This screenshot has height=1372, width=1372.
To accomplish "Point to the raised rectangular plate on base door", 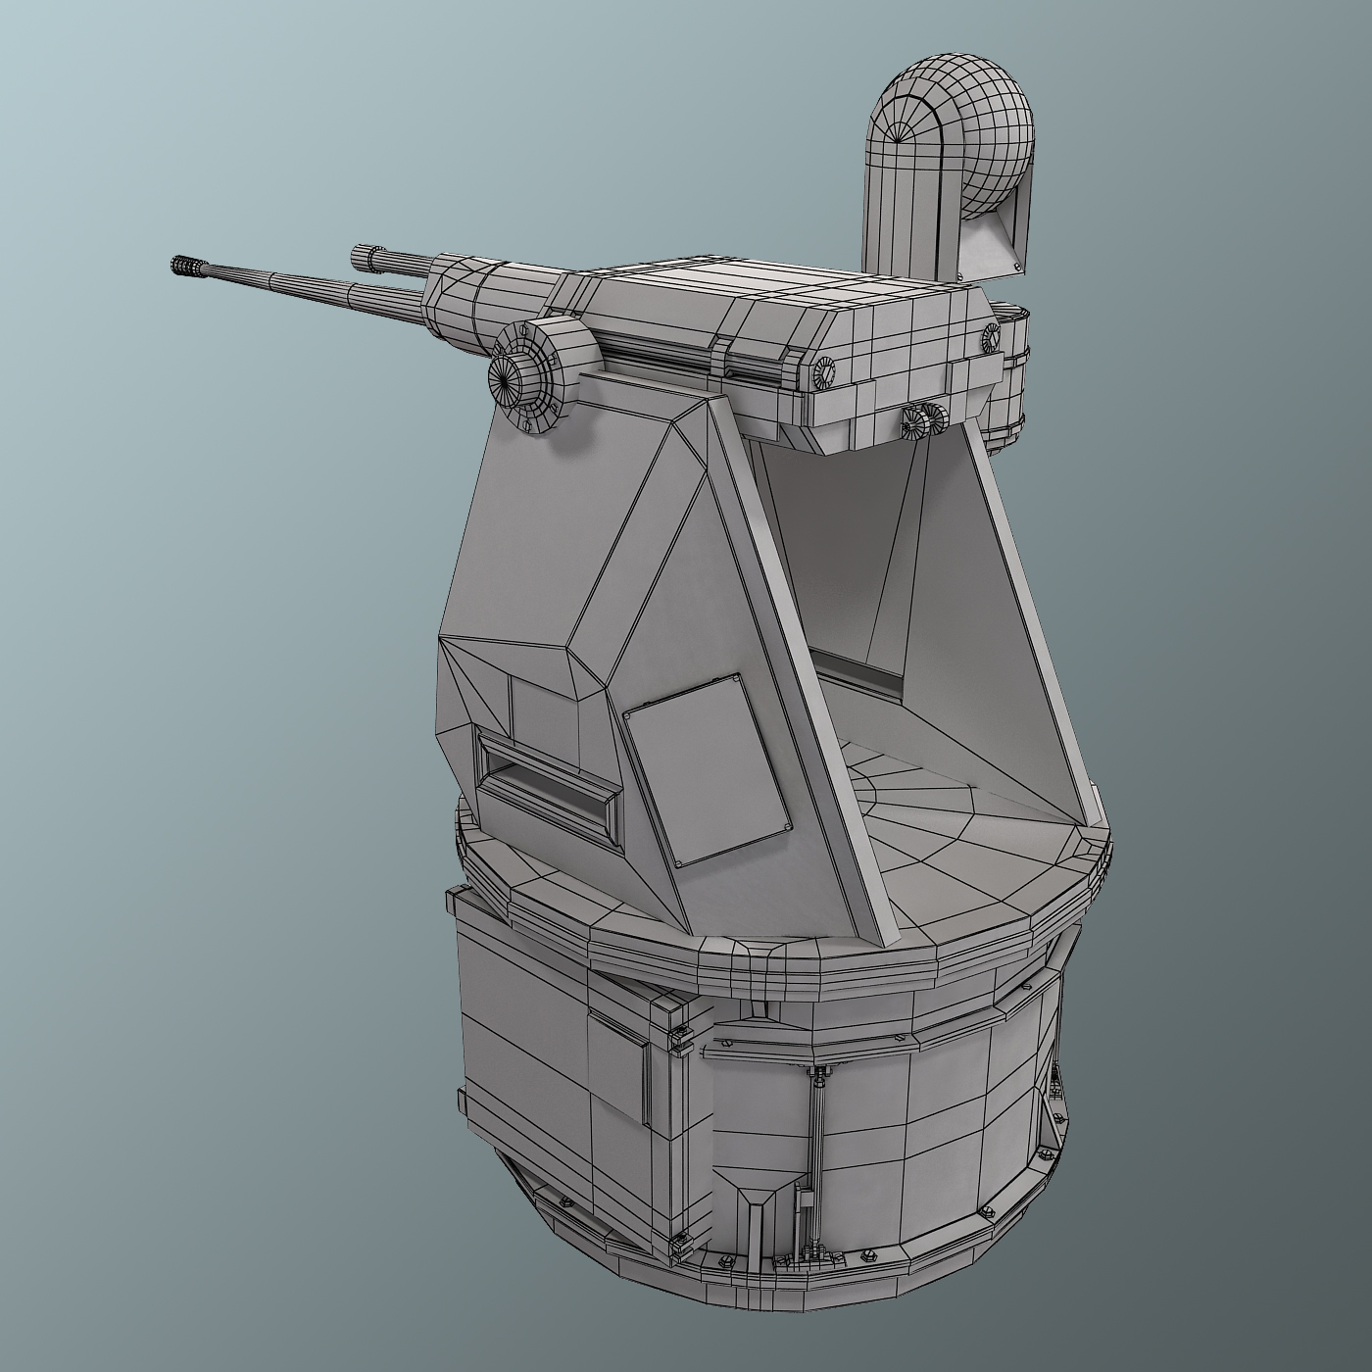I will pyautogui.click(x=620, y=1078).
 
